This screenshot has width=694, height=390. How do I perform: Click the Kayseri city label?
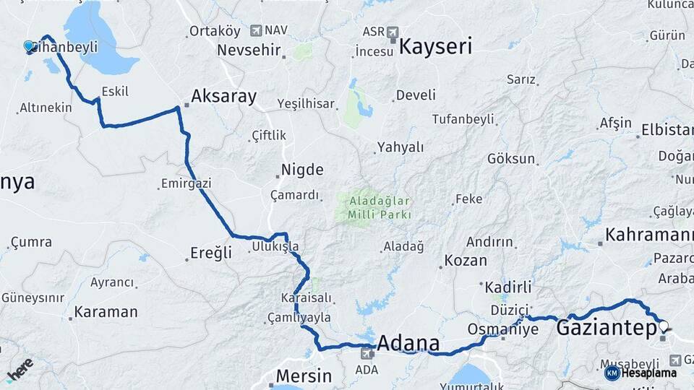(435, 48)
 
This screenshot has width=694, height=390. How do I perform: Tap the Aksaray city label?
(223, 97)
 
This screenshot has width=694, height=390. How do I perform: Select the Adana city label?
(408, 342)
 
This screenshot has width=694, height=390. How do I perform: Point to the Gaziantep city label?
(607, 329)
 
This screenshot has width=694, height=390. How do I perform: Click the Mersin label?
(304, 376)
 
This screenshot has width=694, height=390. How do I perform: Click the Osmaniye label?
(503, 329)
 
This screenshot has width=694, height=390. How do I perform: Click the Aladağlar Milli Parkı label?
(380, 207)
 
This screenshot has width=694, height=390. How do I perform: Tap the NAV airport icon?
(256, 30)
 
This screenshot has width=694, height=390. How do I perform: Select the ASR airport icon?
(393, 32)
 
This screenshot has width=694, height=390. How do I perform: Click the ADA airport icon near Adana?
(367, 353)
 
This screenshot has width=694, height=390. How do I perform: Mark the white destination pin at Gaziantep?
(664, 326)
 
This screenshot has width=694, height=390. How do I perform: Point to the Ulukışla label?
(275, 247)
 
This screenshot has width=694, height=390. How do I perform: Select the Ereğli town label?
(211, 253)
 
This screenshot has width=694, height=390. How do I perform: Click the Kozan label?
(466, 261)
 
